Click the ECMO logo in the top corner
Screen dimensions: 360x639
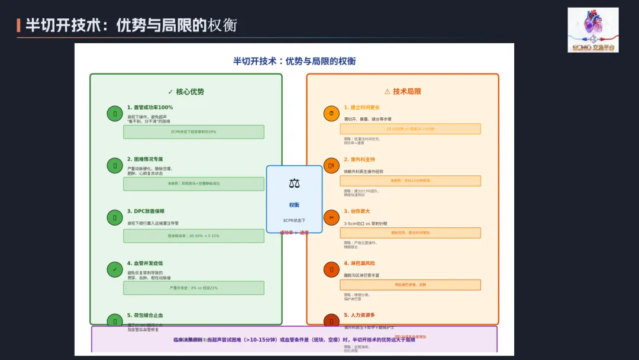coord(593,30)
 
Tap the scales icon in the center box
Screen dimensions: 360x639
coord(294,184)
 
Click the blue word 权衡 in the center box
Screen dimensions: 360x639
coord(294,205)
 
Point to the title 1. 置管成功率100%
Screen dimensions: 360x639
coord(150,108)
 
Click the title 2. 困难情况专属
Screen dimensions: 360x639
coord(145,159)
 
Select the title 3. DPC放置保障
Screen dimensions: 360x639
coord(146,211)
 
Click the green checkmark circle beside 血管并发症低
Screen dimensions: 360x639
coord(115,270)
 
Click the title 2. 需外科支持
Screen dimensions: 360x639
coord(359,159)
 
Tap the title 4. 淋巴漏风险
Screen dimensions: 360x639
coord(359,263)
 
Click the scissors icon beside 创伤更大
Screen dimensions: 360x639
coord(331,218)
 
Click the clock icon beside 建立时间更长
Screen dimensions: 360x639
coord(331,114)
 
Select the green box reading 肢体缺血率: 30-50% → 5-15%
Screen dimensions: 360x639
coord(193,236)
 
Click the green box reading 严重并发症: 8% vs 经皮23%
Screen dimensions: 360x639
coord(193,288)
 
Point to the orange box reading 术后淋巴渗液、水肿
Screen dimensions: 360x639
coord(410,285)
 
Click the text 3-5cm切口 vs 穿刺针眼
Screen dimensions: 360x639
coord(366,223)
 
